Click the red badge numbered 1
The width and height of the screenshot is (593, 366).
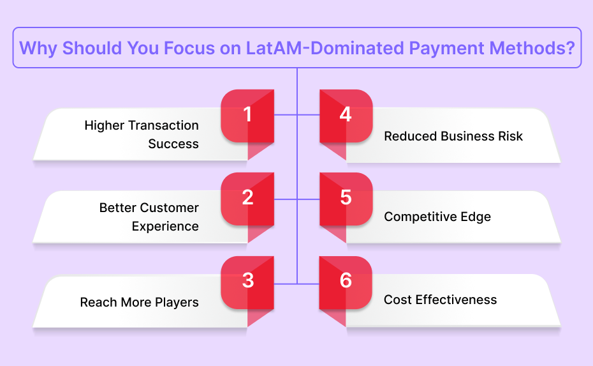point(247,116)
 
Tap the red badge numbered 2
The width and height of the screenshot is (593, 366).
point(247,199)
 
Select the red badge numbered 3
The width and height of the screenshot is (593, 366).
point(247,283)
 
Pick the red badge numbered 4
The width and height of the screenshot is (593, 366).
point(346,116)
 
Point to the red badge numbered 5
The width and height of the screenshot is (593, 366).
point(346,199)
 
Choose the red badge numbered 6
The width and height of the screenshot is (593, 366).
point(346,283)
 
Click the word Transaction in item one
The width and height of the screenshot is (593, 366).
point(163,125)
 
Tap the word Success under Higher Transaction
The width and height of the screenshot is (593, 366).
point(173,144)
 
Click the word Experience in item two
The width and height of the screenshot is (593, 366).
point(165,227)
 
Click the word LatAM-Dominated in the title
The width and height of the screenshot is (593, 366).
point(325,48)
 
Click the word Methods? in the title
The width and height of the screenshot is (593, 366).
point(532,48)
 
